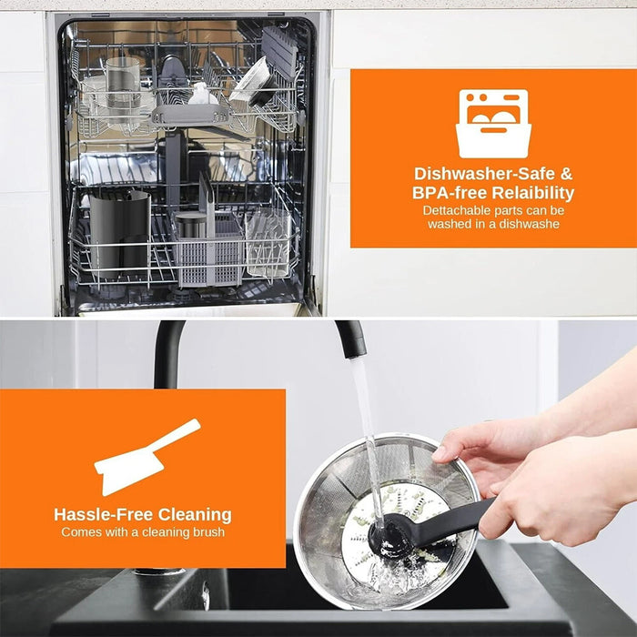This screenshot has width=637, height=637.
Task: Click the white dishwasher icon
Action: tap(493, 124)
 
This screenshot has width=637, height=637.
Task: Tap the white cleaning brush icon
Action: tap(147, 457)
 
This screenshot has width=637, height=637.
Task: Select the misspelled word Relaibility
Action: tap(533, 193)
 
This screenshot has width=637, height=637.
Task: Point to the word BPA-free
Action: tap(450, 193)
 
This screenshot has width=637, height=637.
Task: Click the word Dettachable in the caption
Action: tap(455, 210)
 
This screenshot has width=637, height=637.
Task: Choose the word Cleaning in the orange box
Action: tap(195, 514)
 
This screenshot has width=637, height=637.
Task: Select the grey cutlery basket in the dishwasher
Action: tap(209, 248)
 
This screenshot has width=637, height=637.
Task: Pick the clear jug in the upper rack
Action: tap(122, 86)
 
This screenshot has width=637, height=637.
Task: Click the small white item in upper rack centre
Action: tap(203, 95)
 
